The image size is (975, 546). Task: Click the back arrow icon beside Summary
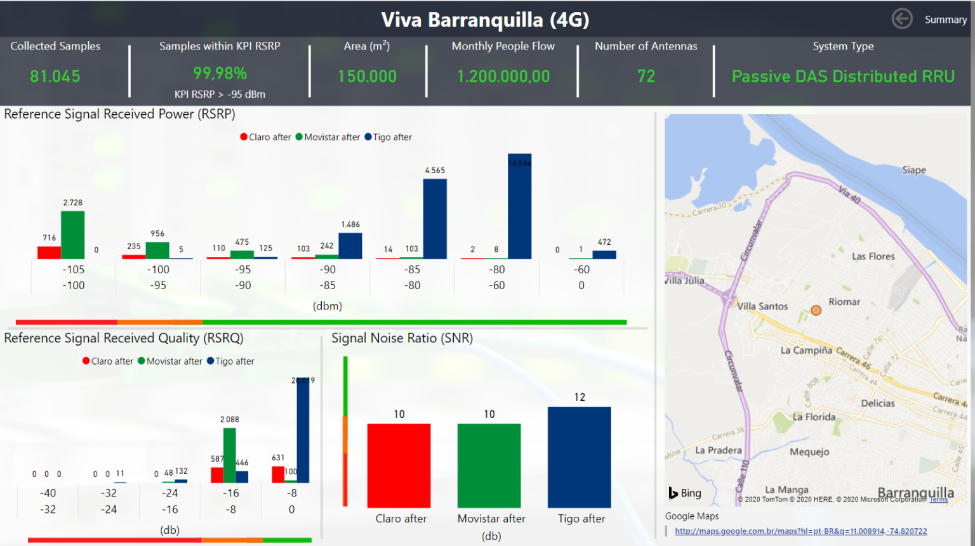click(x=902, y=19)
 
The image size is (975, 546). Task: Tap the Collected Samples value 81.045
click(x=55, y=77)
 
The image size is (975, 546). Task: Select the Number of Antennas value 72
click(x=646, y=77)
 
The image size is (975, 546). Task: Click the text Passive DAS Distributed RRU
click(x=843, y=77)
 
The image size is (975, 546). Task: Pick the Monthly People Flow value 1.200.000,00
click(x=503, y=77)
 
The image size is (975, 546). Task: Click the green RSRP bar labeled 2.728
click(x=72, y=235)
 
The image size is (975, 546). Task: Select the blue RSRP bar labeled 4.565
click(x=435, y=219)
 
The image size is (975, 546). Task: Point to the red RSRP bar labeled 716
click(x=49, y=252)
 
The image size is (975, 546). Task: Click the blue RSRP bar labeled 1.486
click(x=350, y=246)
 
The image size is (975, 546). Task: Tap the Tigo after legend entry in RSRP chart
click(x=388, y=137)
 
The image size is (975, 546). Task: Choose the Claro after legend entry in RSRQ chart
click(x=107, y=361)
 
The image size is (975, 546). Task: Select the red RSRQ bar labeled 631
click(x=277, y=474)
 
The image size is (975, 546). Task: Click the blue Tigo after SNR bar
click(x=579, y=457)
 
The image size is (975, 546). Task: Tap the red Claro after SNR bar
click(x=399, y=465)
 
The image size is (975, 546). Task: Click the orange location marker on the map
click(x=816, y=310)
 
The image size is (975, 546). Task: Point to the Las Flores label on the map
click(x=873, y=256)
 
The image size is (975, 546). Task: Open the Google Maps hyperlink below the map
click(x=800, y=531)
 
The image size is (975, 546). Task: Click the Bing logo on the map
click(x=685, y=493)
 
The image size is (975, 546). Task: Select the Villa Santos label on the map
click(x=762, y=306)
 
